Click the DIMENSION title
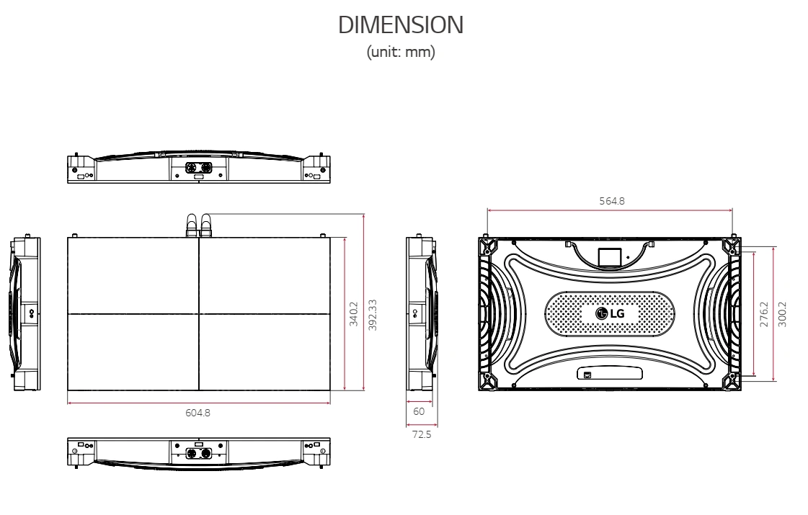pyautogui.click(x=401, y=25)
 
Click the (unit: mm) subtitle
pyautogui.click(x=401, y=53)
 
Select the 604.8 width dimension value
pyautogui.click(x=198, y=413)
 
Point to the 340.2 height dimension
pyautogui.click(x=354, y=315)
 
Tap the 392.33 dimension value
pyautogui.click(x=373, y=315)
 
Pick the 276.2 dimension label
pyautogui.click(x=765, y=315)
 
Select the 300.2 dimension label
pyautogui.click(x=783, y=315)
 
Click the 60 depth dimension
pyautogui.click(x=419, y=411)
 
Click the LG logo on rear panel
pyautogui.click(x=611, y=313)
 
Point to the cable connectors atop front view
pyautogui.click(x=198, y=224)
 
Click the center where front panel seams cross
pyautogui.click(x=198, y=313)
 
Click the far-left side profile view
pyautogui.click(x=25, y=313)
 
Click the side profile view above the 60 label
pyautogui.click(x=422, y=313)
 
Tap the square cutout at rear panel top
pyautogui.click(x=611, y=255)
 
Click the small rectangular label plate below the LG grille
pyautogui.click(x=611, y=374)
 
